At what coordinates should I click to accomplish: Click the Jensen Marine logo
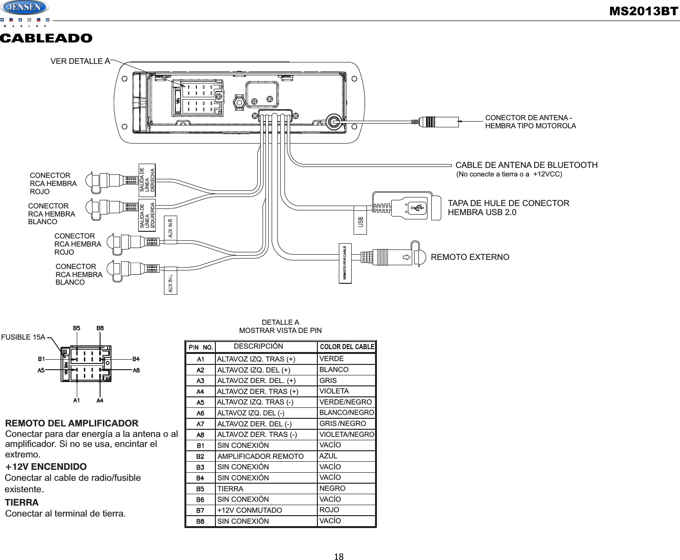pos(25,9)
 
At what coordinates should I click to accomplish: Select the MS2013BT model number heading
pos(644,11)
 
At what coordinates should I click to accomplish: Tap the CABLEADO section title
pos(46,38)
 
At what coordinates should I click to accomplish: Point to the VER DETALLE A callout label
pos(80,61)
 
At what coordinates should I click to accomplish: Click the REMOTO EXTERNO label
pos(470,257)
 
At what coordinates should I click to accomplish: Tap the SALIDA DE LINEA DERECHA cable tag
pos(147,179)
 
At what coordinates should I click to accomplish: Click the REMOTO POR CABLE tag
pos(345,264)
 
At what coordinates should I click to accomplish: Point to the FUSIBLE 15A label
pos(23,337)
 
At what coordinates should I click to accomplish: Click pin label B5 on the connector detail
pos(76,328)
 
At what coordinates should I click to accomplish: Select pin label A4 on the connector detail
pos(100,401)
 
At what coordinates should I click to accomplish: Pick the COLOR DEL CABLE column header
pos(346,347)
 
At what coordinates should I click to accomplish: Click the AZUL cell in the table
pos(328,456)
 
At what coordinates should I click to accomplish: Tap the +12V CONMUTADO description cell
pos(249,510)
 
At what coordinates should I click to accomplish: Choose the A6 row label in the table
pos(201,413)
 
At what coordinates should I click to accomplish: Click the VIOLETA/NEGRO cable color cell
pos(346,435)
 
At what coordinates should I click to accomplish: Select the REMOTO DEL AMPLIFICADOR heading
pos(71,424)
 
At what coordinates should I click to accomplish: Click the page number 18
pos(339,556)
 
